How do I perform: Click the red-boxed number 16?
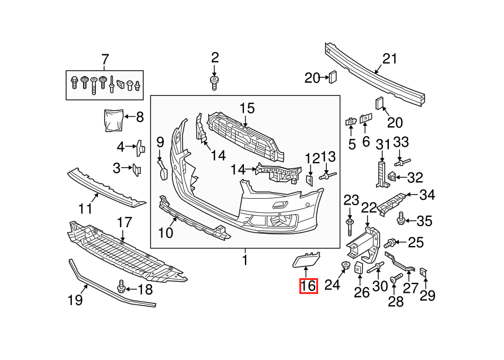[309, 286]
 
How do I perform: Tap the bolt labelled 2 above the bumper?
[214, 83]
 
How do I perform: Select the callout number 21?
[389, 59]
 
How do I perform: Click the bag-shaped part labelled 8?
[114, 120]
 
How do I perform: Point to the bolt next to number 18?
[121, 286]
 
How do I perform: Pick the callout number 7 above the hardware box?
[105, 60]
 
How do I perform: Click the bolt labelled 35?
[401, 219]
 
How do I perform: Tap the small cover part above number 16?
[306, 259]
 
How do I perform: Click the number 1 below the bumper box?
[245, 260]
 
